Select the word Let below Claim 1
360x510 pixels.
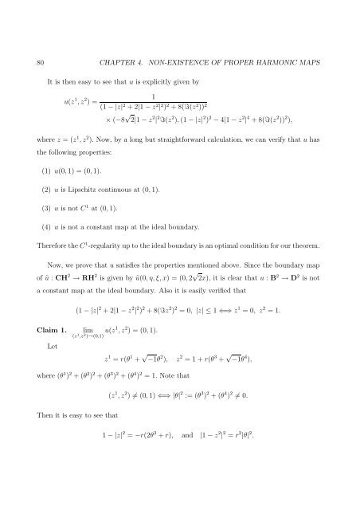[x=55, y=369]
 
